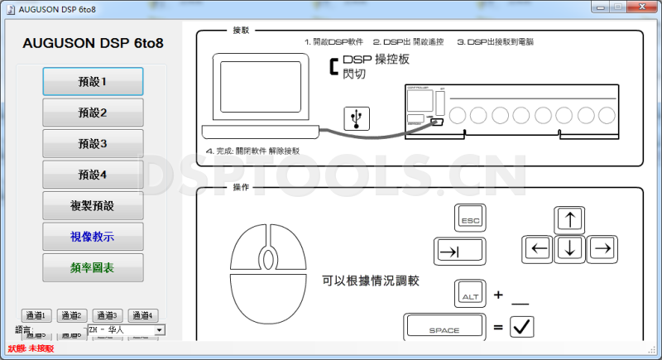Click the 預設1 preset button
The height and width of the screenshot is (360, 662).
click(x=93, y=81)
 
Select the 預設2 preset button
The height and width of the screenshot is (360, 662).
click(x=93, y=113)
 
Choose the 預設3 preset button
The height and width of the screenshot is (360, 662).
click(x=93, y=143)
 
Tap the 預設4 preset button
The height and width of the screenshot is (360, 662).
click(x=93, y=175)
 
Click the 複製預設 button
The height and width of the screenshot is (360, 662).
click(x=93, y=205)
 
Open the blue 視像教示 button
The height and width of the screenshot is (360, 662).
click(x=93, y=237)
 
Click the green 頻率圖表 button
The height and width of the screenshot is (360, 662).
click(x=93, y=267)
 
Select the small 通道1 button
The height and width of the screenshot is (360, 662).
click(x=37, y=315)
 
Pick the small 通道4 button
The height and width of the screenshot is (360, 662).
click(x=143, y=315)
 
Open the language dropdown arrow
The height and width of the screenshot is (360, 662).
click(x=159, y=329)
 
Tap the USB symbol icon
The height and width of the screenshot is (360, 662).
click(x=357, y=118)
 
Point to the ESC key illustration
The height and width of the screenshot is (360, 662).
click(x=469, y=219)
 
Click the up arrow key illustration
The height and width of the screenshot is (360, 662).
click(x=570, y=219)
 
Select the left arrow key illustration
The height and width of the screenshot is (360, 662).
click(x=540, y=247)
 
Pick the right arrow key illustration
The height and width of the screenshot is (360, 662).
click(x=602, y=247)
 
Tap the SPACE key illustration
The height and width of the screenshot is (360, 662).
click(x=444, y=328)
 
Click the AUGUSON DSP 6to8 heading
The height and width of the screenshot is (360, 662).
click(x=93, y=42)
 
